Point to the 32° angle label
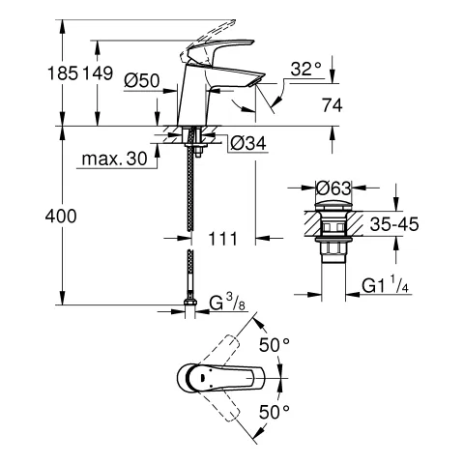[305, 69]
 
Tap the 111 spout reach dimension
[221, 238]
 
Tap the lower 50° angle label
[275, 411]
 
